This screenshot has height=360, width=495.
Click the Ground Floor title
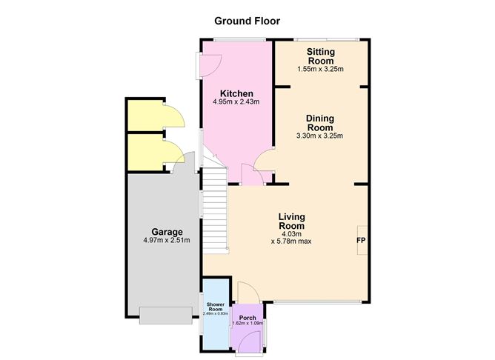(x=247, y=21)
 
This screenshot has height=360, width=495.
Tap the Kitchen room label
(x=236, y=94)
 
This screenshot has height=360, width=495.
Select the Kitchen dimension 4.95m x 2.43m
(x=236, y=101)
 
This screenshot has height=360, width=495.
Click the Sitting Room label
(x=321, y=56)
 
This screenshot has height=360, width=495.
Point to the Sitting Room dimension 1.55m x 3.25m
(x=320, y=69)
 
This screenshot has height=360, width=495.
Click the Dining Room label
(x=320, y=123)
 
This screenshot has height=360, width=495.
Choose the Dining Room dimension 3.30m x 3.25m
(x=320, y=136)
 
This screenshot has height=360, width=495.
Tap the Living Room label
(x=292, y=221)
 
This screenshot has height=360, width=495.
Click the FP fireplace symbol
(x=361, y=241)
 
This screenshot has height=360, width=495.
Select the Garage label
(x=167, y=232)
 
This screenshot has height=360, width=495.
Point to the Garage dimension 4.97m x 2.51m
(x=167, y=240)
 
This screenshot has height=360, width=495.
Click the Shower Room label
(x=216, y=307)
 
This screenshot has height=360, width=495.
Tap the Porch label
(x=247, y=318)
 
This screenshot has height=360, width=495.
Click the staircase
(x=215, y=211)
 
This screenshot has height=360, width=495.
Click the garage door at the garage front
(x=166, y=316)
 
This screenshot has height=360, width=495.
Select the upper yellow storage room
(x=146, y=116)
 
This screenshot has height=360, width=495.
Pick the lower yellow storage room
(x=146, y=152)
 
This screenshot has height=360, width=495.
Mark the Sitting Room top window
(x=327, y=40)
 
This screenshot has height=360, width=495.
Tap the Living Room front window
(x=317, y=302)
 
